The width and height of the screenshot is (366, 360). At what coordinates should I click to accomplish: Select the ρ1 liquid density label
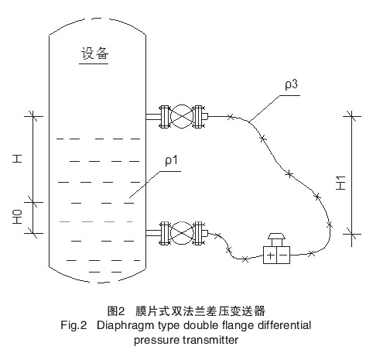tap(171, 161)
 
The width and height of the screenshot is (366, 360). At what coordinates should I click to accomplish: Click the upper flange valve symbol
tap(183, 117)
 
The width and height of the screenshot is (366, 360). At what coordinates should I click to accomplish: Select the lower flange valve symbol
tap(183, 231)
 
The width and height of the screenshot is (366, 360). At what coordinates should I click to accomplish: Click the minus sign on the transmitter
tap(283, 254)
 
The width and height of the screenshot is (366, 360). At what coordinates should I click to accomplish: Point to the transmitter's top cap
tap(276, 236)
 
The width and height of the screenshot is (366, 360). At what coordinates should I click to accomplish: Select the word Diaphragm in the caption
tap(124, 326)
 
